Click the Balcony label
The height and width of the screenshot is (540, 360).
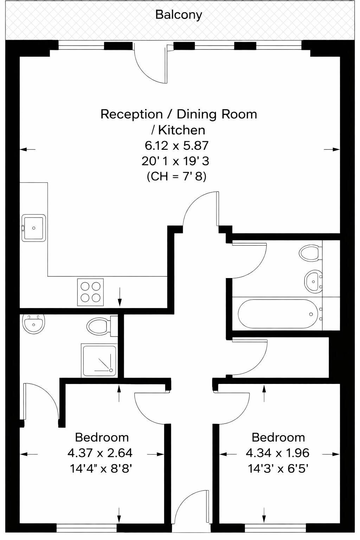(x=179, y=15)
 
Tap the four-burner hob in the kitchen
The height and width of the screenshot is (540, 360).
(x=90, y=292)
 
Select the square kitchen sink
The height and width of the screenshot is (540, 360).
(x=33, y=228)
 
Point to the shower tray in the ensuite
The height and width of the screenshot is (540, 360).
(x=99, y=360)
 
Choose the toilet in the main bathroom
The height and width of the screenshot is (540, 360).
(x=310, y=253)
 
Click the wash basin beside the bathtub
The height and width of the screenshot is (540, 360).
(x=314, y=281)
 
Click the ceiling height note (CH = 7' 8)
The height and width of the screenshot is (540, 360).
(x=176, y=177)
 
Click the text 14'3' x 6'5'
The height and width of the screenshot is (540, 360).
(x=278, y=469)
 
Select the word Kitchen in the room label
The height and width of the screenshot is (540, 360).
(x=181, y=130)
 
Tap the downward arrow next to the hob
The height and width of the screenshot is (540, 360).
(x=120, y=297)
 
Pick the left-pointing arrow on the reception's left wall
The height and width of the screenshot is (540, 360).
(x=27, y=149)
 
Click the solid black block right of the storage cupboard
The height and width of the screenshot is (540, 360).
(x=334, y=357)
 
